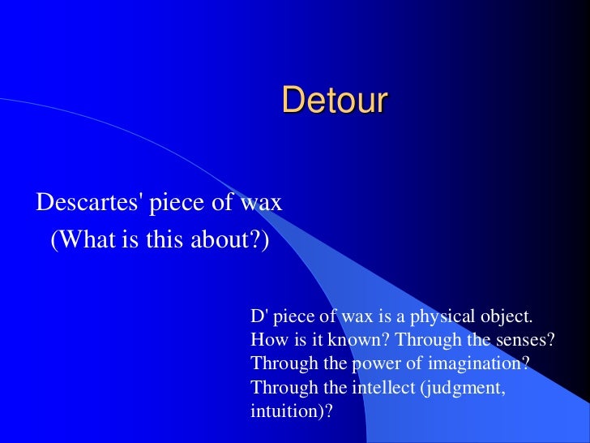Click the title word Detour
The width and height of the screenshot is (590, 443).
pyautogui.click(x=335, y=101)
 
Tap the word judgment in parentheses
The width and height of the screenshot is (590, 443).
pyautogui.click(x=464, y=387)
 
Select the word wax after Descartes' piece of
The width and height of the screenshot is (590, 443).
pyautogui.click(x=262, y=202)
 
